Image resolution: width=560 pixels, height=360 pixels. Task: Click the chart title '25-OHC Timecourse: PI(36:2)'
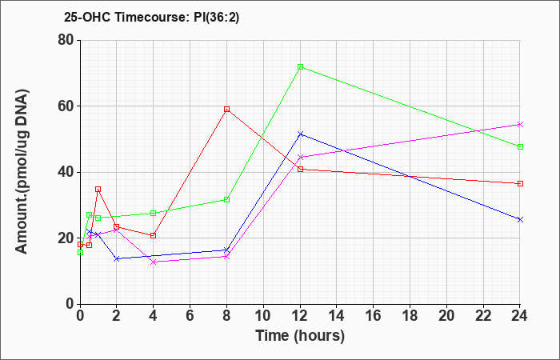(x=151, y=17)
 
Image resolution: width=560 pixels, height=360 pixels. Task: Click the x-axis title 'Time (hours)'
(x=300, y=336)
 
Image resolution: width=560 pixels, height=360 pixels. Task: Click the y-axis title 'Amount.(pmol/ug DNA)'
(x=22, y=172)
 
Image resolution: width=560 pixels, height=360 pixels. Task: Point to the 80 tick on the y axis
(x=67, y=40)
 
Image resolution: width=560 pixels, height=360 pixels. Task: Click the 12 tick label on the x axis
(x=300, y=316)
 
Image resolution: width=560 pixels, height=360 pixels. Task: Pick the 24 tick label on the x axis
(x=520, y=316)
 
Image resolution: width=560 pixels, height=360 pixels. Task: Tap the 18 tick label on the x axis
(x=410, y=316)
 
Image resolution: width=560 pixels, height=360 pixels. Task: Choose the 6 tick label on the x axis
(x=190, y=316)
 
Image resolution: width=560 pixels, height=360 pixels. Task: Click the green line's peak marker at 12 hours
(x=300, y=66)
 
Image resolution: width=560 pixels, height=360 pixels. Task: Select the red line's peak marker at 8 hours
(x=226, y=110)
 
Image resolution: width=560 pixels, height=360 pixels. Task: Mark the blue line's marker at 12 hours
(x=300, y=134)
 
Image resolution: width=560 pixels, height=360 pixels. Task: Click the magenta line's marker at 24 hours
(x=520, y=124)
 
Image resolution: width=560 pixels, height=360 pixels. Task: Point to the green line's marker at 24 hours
(x=520, y=146)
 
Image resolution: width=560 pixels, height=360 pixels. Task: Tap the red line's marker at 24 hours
(x=520, y=183)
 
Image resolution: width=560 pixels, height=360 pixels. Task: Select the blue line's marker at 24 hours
(x=520, y=220)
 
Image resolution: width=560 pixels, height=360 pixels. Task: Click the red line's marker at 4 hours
(x=154, y=236)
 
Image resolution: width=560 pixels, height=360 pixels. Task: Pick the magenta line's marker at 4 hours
(x=154, y=262)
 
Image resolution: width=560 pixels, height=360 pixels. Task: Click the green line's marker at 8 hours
(x=226, y=200)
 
